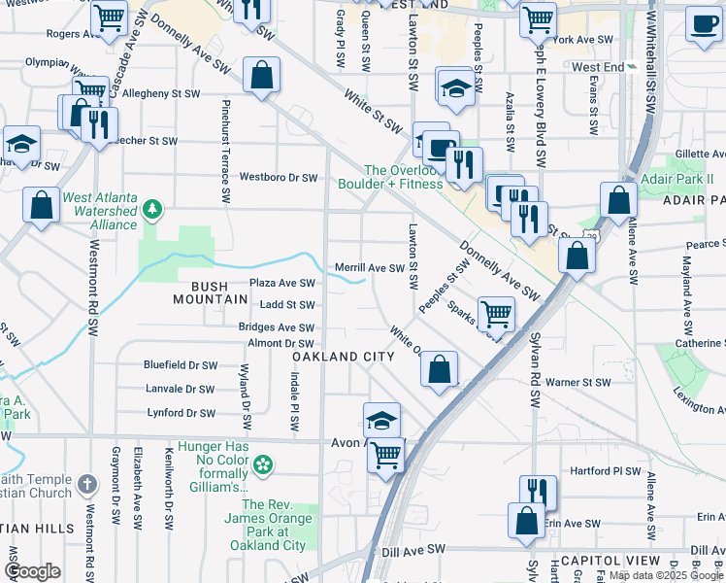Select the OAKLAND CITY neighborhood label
(344, 357)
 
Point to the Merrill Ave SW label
(369, 267)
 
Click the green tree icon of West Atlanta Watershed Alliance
(151, 209)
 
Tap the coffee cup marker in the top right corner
(703, 25)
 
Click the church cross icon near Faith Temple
(86, 484)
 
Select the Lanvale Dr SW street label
(179, 388)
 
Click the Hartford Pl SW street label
(607, 471)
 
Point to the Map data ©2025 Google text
(666, 575)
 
